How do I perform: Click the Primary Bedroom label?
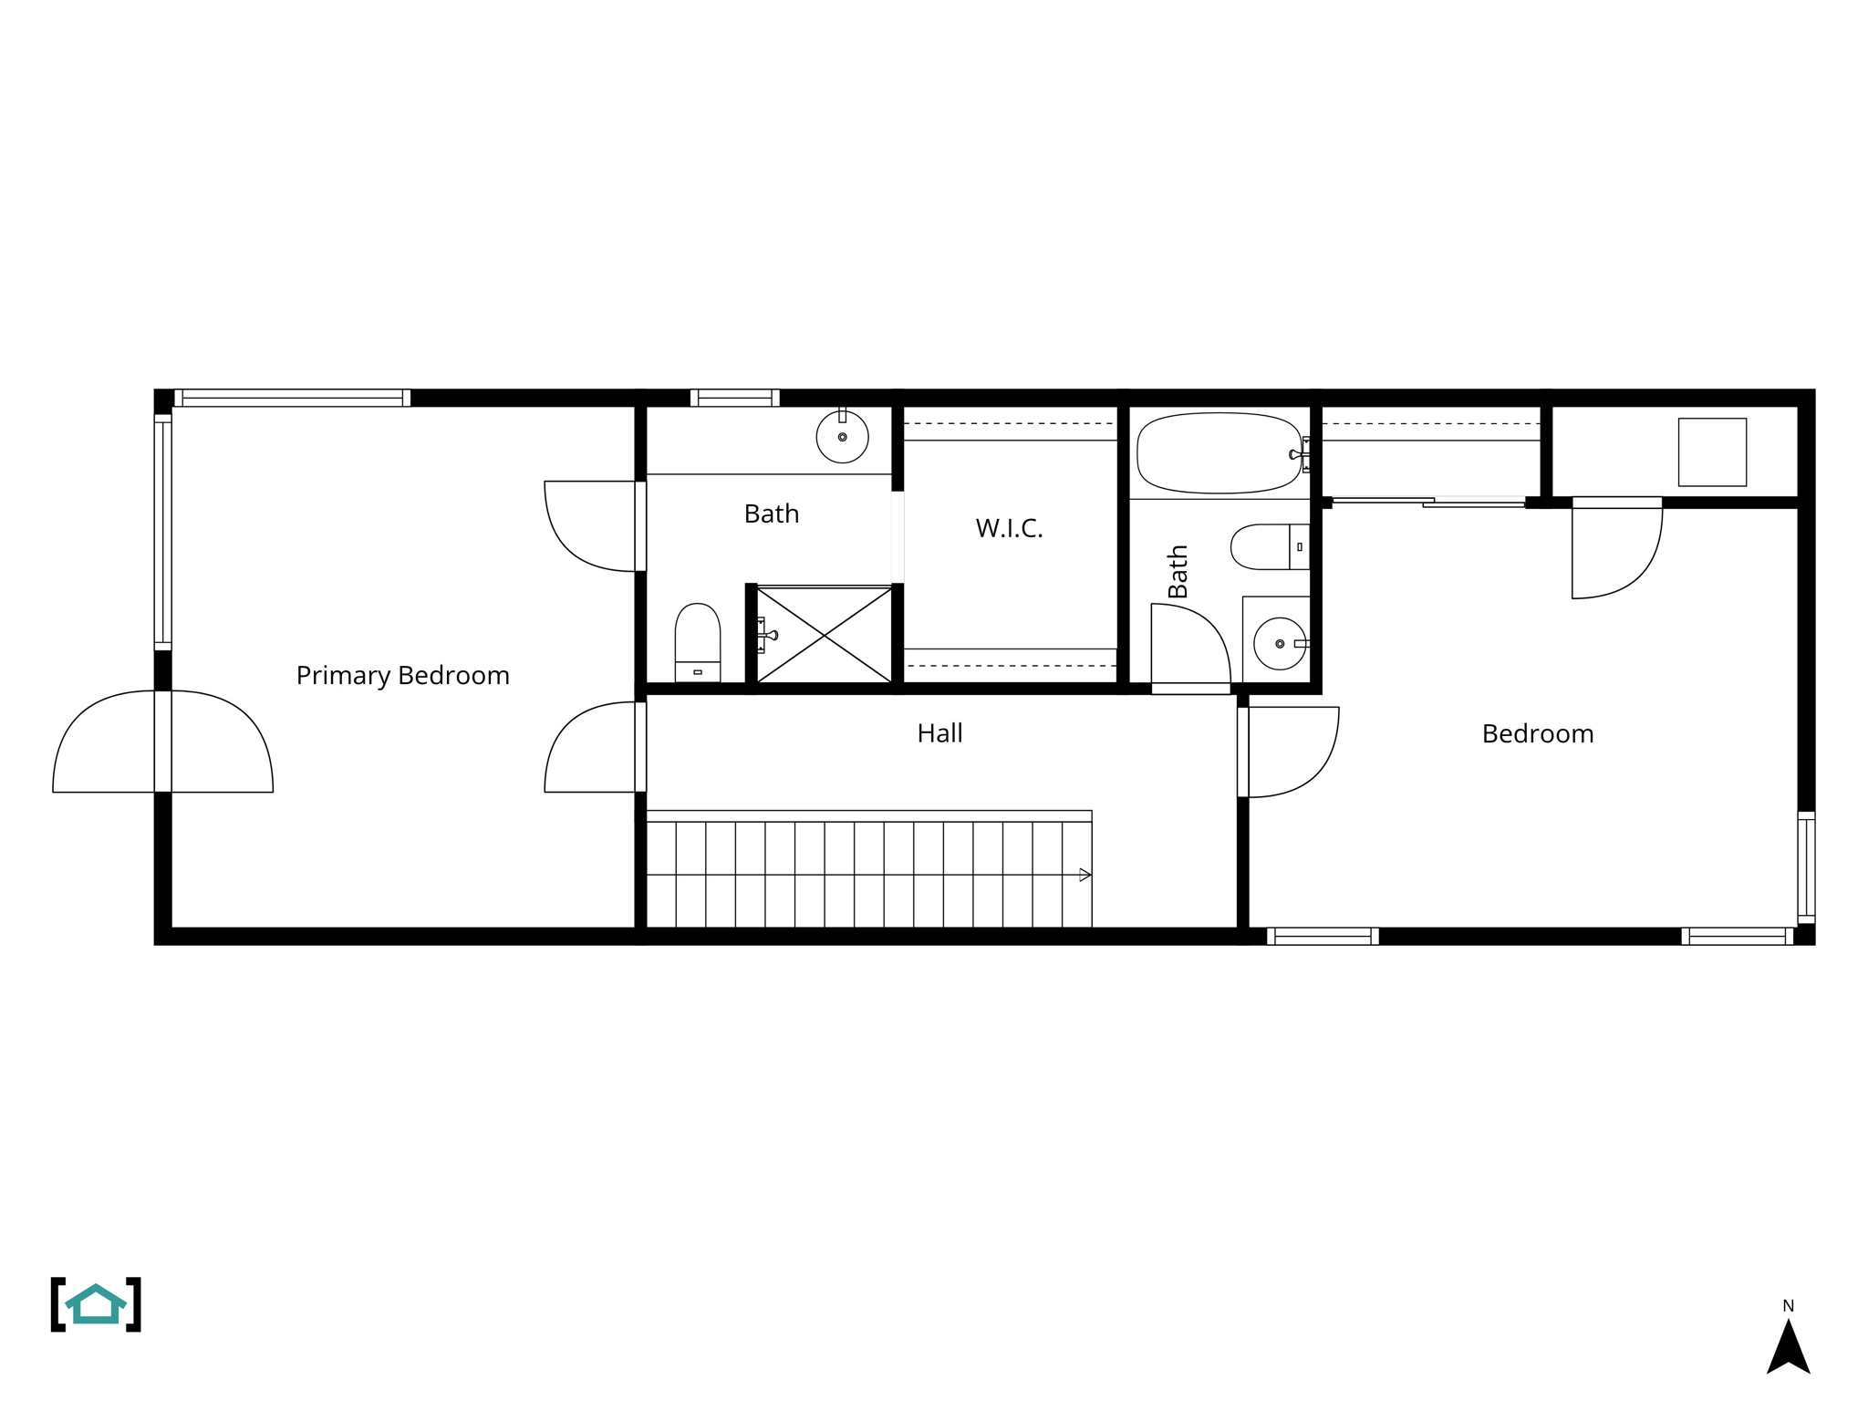(x=402, y=676)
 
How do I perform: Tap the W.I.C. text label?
(x=1009, y=528)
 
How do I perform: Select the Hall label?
(x=939, y=733)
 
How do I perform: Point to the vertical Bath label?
(x=1178, y=571)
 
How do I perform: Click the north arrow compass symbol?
(x=1788, y=1344)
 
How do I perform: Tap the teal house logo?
(x=96, y=1304)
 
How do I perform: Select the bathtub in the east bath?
(x=1219, y=453)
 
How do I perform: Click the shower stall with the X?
(x=825, y=635)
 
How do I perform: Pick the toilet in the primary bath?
(x=698, y=640)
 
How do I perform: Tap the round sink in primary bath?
(x=842, y=438)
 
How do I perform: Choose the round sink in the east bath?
(x=1279, y=644)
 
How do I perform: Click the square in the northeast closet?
(x=1712, y=452)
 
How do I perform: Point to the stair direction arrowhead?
(x=1084, y=876)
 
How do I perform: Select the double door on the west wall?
(x=162, y=742)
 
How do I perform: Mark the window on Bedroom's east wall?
(x=1806, y=867)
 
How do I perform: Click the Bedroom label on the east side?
(x=1538, y=734)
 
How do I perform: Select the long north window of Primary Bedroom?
(x=292, y=398)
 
